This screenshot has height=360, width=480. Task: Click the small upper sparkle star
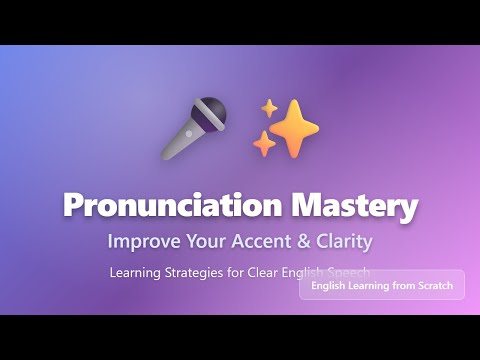tap(269, 108)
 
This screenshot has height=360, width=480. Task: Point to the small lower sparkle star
tap(264, 145)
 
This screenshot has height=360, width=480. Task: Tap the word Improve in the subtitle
tap(144, 241)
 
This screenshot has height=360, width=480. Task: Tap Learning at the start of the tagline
tap(138, 271)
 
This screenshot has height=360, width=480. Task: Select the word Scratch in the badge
tap(432, 286)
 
